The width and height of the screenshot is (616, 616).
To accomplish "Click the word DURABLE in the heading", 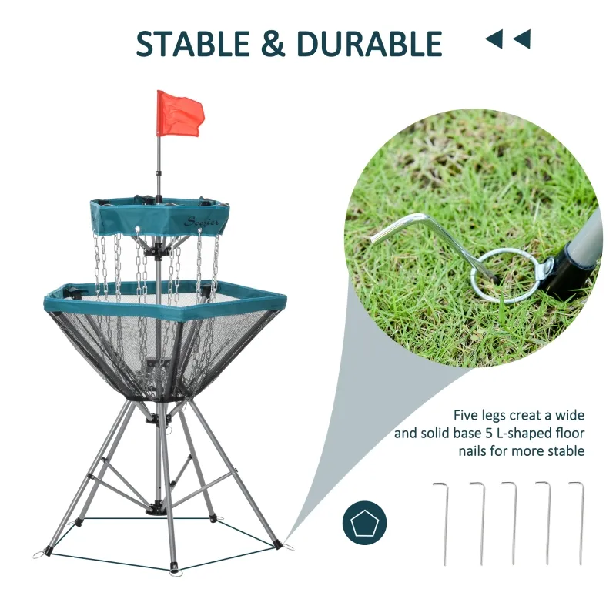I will tap(369, 44).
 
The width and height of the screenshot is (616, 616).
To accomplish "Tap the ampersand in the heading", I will tap(273, 44).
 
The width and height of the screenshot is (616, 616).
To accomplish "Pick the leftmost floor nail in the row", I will tap(442, 524).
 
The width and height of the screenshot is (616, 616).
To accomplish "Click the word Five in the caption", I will tap(467, 414).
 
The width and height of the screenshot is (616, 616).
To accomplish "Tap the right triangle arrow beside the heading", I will tap(521, 39).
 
